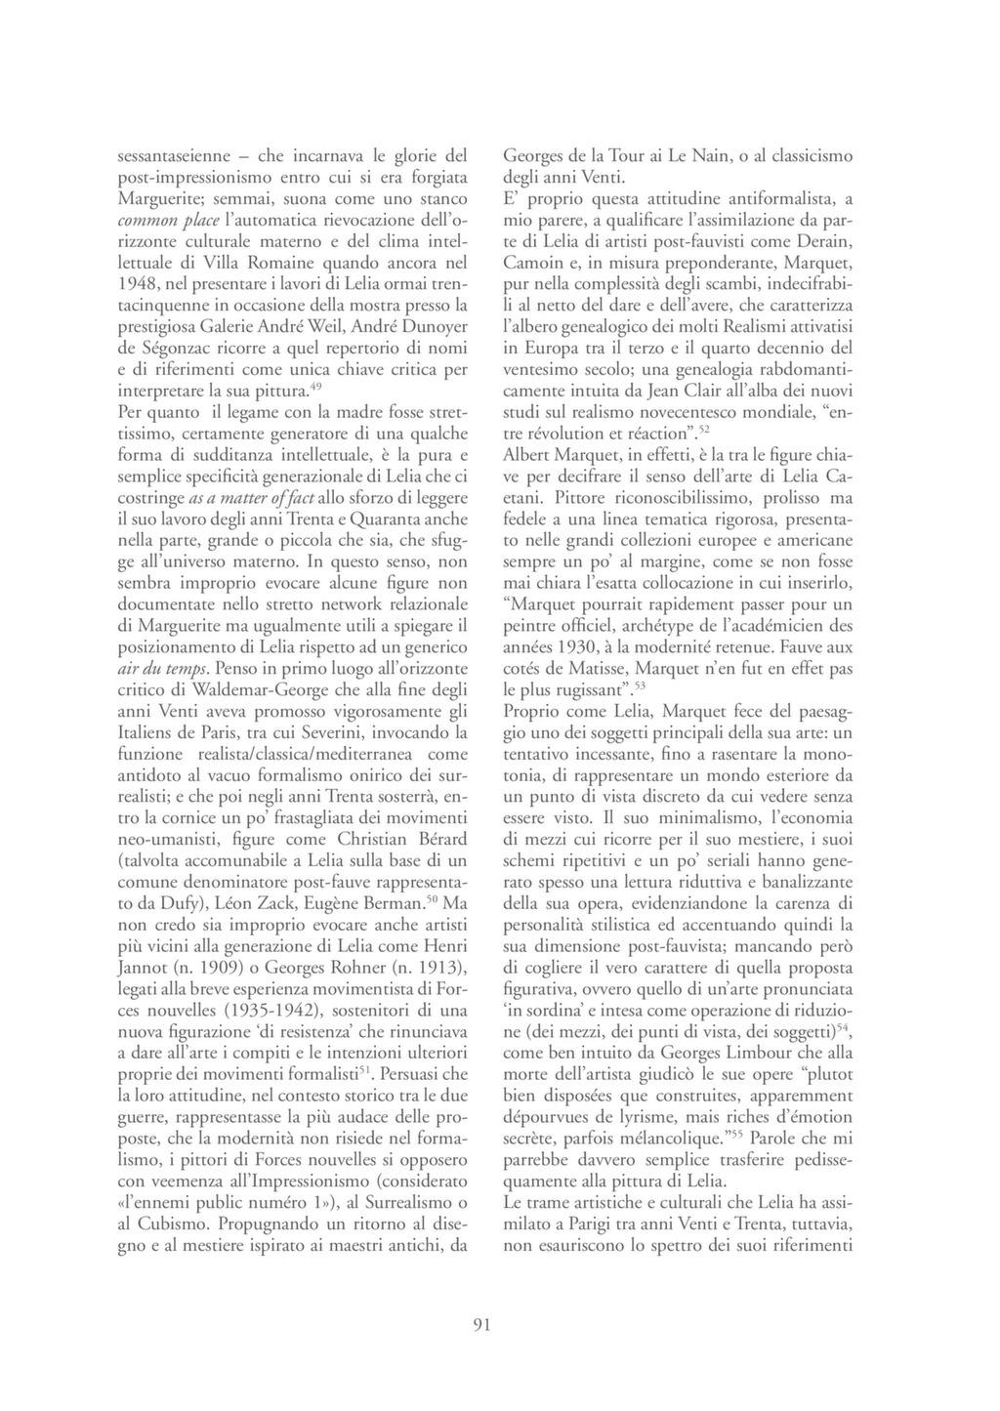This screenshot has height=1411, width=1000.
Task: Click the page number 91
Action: pos(480,1325)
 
